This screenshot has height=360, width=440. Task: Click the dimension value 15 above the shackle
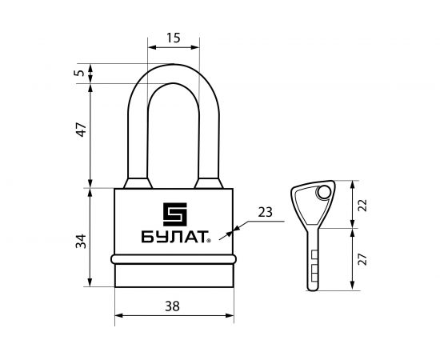click(174, 38)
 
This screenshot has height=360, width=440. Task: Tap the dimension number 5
click(79, 73)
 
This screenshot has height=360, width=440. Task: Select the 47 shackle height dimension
click(82, 130)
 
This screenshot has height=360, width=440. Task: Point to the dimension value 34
click(81, 241)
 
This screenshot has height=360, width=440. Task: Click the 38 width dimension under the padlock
click(172, 306)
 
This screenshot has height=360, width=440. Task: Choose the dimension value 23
click(265, 213)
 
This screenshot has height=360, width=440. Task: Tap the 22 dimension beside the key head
click(362, 205)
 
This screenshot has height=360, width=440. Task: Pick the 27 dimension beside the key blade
click(362, 259)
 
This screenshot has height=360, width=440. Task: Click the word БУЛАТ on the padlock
click(174, 237)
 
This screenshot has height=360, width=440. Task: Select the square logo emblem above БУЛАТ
click(175, 214)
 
